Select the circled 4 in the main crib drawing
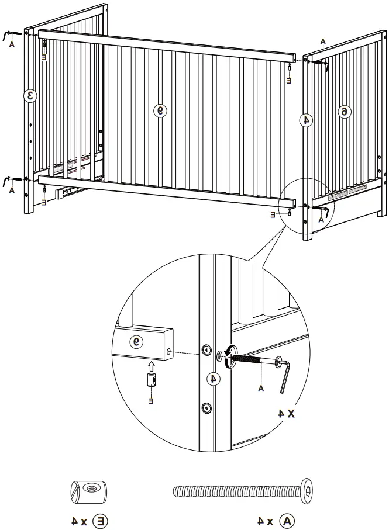click(x=305, y=120)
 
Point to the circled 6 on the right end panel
click(x=345, y=111)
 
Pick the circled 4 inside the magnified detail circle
click(x=214, y=379)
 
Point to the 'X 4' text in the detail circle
click(x=288, y=413)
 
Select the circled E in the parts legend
click(x=102, y=519)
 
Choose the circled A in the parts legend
click(x=287, y=519)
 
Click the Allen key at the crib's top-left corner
click(x=10, y=35)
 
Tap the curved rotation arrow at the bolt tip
click(x=228, y=355)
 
